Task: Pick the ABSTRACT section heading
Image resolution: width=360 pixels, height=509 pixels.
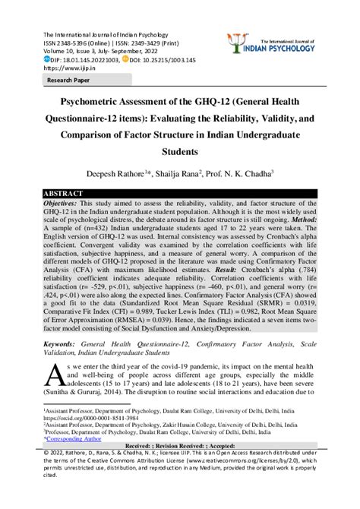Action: tap(64, 194)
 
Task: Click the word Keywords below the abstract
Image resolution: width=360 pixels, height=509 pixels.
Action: tap(64, 343)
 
